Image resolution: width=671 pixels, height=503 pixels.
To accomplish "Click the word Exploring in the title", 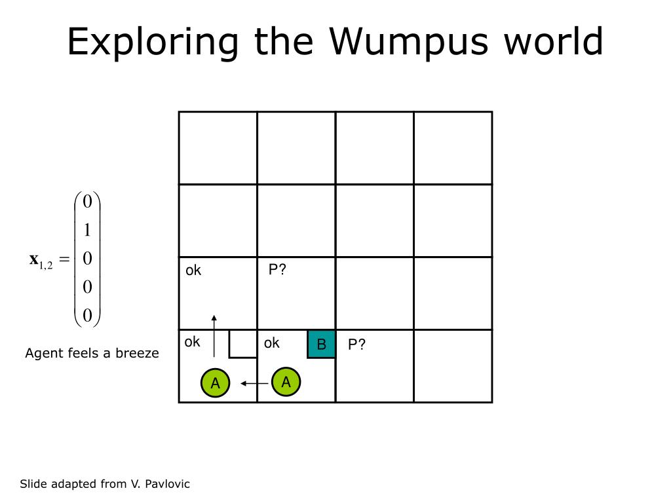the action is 153,42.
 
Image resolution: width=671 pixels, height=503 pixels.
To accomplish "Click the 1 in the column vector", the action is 87,230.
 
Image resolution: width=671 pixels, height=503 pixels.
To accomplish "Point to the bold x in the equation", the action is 33,259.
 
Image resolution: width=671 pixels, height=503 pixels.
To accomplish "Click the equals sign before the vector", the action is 64,260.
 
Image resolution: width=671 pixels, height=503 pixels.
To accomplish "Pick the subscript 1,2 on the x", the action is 46,265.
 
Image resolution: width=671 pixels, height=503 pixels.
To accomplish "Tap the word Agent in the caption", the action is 43,354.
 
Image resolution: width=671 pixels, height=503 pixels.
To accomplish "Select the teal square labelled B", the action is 321,345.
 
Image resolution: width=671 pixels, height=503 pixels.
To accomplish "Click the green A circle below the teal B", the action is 286,382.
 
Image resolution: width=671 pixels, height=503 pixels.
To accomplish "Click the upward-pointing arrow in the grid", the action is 214,337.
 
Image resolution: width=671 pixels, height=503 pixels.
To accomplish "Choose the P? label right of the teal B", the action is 356,345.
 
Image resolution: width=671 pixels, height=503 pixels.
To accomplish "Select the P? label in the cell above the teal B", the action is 277,270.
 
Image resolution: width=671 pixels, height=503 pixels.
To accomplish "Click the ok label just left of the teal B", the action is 272,343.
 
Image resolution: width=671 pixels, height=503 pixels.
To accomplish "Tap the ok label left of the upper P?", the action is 193,270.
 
